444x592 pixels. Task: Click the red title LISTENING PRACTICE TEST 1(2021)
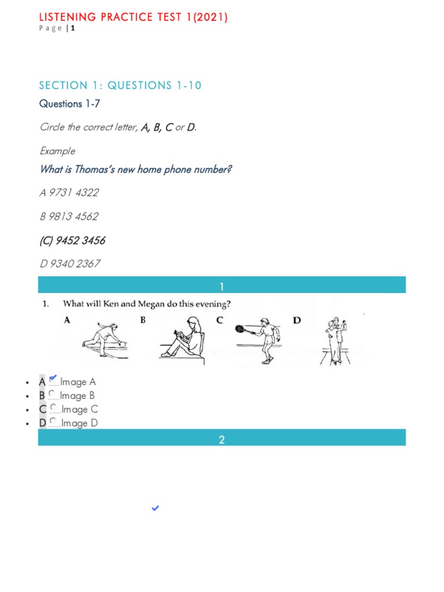coord(133,17)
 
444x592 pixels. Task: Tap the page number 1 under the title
coord(73,29)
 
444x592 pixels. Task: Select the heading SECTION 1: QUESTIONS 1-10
coord(120,86)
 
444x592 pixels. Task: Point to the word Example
coord(57,151)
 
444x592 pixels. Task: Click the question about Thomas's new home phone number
coord(136,170)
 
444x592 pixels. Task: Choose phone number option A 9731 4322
coord(69,193)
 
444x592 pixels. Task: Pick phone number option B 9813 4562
coord(69,217)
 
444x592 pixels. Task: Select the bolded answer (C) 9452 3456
coord(72,240)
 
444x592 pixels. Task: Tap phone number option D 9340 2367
coord(70,264)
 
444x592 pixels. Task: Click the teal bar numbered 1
coord(222,287)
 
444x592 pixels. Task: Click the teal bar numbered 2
coord(222,440)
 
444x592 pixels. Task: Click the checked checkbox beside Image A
coord(53,380)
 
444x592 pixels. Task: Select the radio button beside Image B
coord(53,394)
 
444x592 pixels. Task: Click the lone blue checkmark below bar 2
coord(155,508)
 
